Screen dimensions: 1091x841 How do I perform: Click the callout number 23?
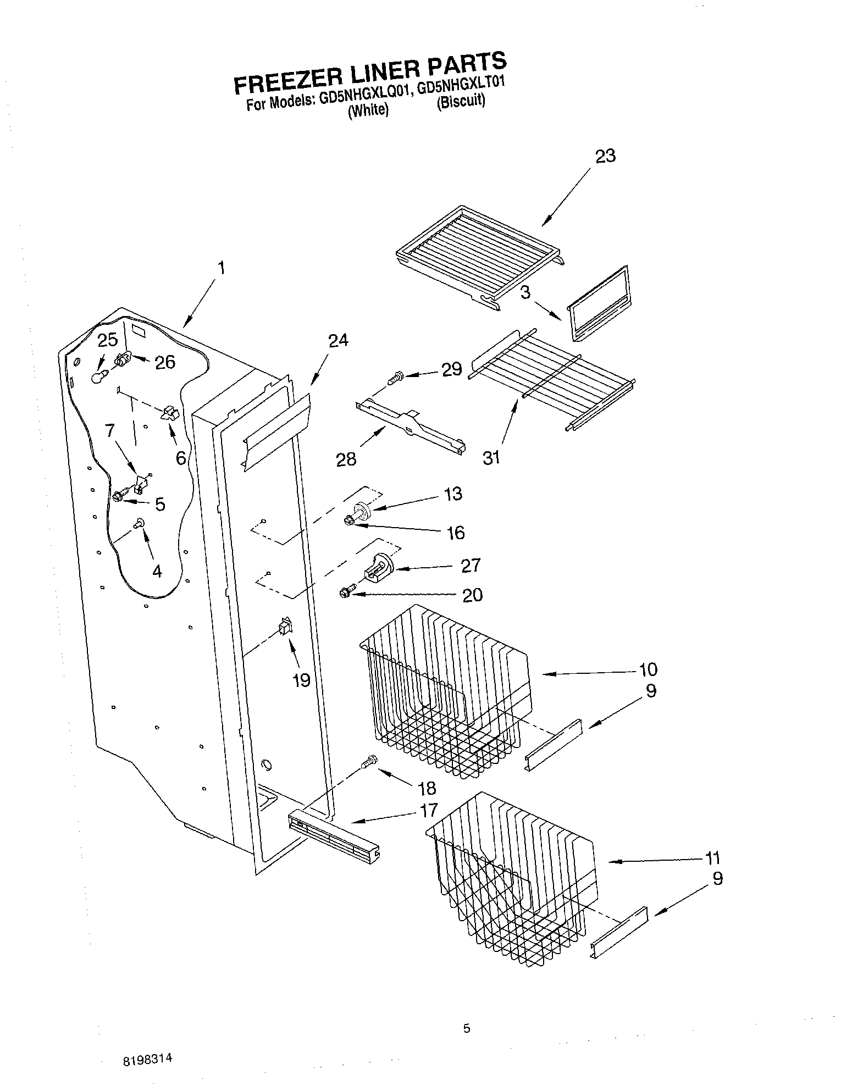tap(605, 156)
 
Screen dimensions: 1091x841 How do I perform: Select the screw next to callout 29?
tap(395, 378)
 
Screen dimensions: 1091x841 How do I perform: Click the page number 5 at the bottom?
tap(467, 1029)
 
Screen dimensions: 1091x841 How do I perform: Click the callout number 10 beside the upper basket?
tap(648, 669)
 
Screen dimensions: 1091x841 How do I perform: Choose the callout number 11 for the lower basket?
tap(712, 857)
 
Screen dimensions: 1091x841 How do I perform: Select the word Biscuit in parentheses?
tap(461, 103)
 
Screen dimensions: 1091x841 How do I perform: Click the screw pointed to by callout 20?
tap(345, 592)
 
